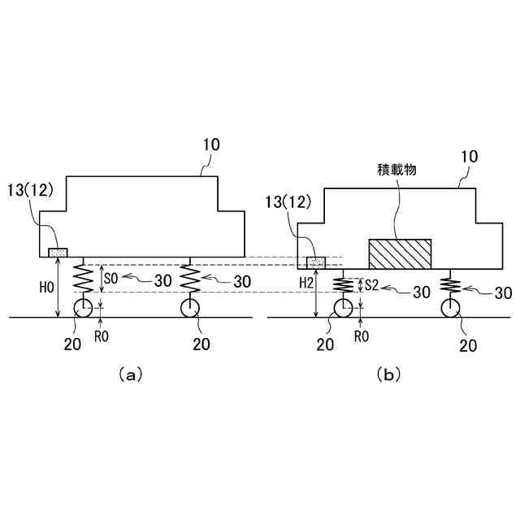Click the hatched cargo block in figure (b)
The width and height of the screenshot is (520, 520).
(x=400, y=253)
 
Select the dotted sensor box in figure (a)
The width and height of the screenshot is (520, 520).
(x=58, y=253)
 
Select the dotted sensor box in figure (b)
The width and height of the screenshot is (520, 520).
(x=314, y=262)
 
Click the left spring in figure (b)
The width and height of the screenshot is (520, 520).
(x=342, y=287)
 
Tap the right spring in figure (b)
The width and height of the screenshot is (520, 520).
(x=448, y=285)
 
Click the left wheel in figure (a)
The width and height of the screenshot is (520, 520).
(x=84, y=308)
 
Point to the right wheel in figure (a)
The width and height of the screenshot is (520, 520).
(x=190, y=308)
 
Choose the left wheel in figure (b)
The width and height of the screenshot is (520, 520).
(x=342, y=308)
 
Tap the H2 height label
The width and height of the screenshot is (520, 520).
(x=305, y=281)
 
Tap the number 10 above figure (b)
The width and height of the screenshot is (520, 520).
(x=469, y=155)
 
